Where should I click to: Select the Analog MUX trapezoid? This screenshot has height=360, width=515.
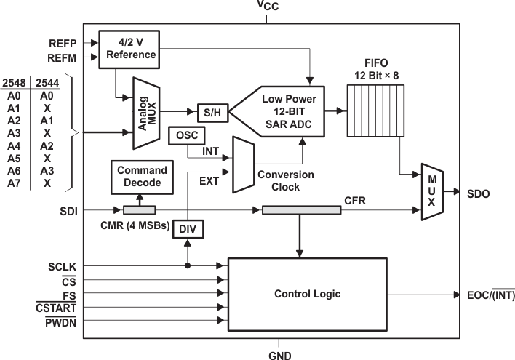point(145,111)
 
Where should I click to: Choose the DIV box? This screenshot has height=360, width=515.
point(188,231)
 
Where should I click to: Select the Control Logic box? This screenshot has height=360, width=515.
point(307,295)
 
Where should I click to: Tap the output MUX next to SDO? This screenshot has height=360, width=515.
point(431,193)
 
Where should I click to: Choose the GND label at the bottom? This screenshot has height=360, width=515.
point(280,353)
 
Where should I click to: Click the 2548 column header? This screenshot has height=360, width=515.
point(14,83)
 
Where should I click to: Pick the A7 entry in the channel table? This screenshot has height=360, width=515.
point(13,183)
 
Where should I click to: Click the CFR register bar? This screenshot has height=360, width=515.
point(301,210)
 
